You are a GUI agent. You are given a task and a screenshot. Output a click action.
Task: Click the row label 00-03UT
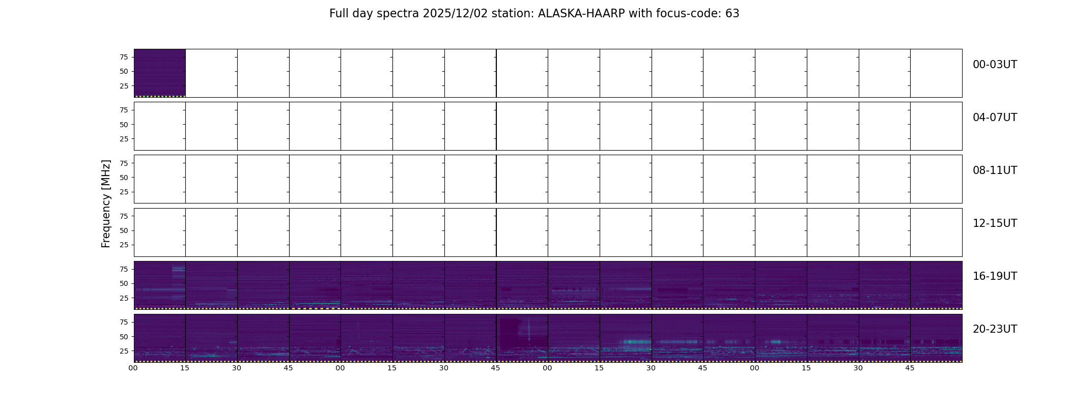click(995, 65)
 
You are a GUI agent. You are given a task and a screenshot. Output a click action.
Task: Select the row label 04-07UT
click(995, 118)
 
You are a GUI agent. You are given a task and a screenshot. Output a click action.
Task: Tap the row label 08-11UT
click(995, 170)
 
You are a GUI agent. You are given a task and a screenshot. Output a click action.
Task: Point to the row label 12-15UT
click(995, 223)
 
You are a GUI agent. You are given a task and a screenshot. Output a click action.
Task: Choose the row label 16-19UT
click(995, 276)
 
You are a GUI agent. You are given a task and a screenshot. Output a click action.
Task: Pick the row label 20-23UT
click(995, 329)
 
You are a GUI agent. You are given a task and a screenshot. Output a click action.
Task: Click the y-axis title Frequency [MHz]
click(106, 204)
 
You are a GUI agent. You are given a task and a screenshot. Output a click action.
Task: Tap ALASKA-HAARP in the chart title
click(581, 14)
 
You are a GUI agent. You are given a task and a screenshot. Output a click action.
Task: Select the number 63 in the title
click(732, 14)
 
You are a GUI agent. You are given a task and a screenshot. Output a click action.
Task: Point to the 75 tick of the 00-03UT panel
click(124, 57)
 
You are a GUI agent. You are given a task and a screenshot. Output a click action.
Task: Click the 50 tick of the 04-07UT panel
click(124, 125)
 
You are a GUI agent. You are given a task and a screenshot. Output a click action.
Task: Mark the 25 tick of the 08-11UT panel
click(124, 192)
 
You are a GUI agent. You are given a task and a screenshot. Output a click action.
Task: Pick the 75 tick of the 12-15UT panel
click(124, 216)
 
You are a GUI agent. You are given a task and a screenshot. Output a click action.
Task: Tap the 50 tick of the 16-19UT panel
click(124, 283)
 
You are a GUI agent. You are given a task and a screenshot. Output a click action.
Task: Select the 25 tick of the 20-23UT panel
click(124, 351)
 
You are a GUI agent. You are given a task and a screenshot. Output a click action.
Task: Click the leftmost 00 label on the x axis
click(133, 368)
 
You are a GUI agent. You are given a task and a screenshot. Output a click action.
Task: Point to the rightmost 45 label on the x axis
click(910, 368)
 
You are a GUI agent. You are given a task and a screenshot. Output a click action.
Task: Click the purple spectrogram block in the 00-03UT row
click(160, 73)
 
